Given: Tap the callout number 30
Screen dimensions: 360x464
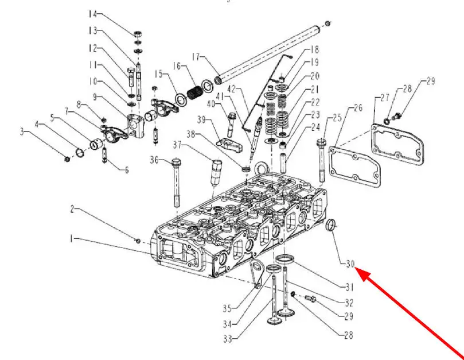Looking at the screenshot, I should click(351, 264).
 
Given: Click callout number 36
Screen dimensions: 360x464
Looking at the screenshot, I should click(154, 159).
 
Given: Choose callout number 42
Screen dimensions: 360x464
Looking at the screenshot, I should click(231, 89).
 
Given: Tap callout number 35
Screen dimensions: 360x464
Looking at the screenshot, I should click(227, 308).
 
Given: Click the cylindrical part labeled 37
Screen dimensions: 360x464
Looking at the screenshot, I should click(217, 171).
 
